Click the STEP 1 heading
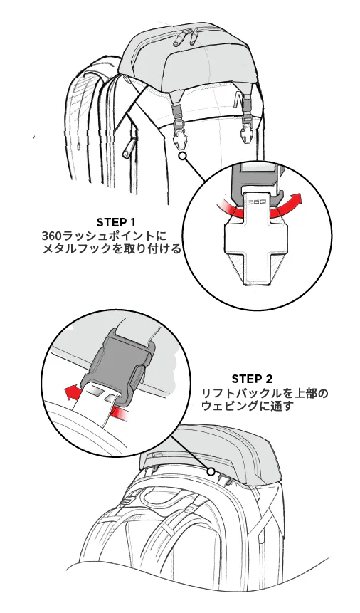(116, 222)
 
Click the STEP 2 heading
(252, 379)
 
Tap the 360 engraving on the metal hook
(258, 202)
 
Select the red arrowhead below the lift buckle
(70, 392)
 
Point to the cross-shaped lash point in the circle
(255, 250)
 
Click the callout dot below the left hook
(181, 157)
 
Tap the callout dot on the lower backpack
(211, 471)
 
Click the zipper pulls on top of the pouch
(187, 37)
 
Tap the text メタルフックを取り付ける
(112, 249)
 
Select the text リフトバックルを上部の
(265, 393)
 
